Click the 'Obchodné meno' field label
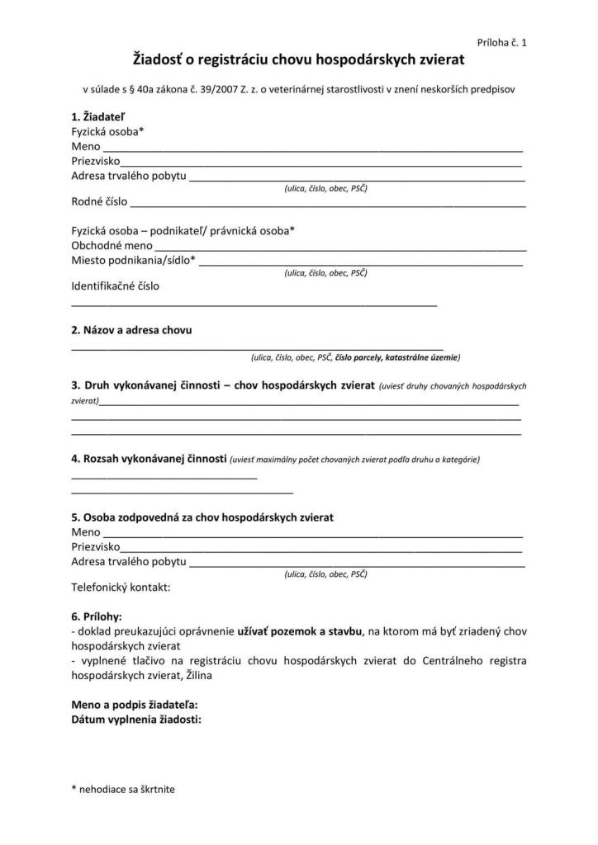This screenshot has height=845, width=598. click(x=112, y=245)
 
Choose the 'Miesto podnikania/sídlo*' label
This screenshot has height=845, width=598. click(x=134, y=260)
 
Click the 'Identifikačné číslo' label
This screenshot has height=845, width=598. click(x=116, y=286)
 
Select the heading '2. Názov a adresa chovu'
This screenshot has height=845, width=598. click(x=132, y=330)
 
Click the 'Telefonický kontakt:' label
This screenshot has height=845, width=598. click(x=121, y=588)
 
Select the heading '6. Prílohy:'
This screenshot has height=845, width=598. click(x=97, y=616)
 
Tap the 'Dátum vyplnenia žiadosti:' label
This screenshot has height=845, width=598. click(x=136, y=719)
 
